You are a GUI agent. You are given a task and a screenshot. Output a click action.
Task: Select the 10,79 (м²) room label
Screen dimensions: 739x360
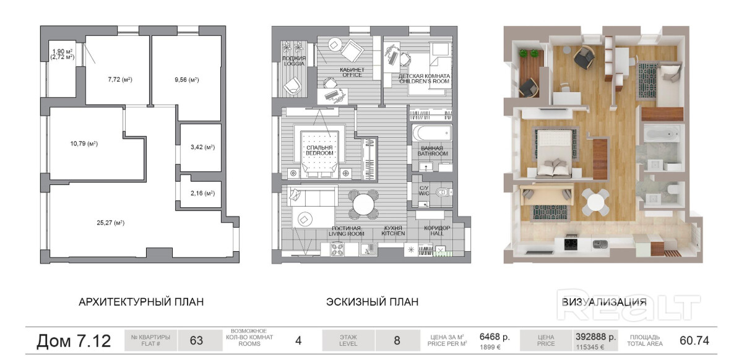tap(84, 144)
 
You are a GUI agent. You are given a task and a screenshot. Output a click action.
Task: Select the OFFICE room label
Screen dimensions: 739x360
tap(352, 75)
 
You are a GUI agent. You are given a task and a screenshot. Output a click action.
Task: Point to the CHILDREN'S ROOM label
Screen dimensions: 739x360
tap(424, 81)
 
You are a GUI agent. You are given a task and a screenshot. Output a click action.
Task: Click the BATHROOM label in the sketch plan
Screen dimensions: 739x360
tap(433, 153)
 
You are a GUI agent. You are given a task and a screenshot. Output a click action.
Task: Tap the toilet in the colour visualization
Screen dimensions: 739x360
tap(673, 190)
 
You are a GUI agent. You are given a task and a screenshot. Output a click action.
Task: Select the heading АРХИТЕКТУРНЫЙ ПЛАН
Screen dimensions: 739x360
tap(141, 302)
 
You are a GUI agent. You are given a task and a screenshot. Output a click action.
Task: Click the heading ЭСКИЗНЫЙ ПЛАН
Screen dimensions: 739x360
tap(373, 302)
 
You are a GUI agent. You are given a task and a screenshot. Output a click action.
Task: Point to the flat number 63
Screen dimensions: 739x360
tap(196, 340)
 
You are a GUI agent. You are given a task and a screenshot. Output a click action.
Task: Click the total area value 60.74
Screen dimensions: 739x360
tap(694, 340)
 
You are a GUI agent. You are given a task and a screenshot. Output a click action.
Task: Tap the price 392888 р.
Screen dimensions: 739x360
tap(595, 337)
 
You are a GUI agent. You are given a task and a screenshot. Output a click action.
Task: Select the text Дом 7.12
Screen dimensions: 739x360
tap(74, 340)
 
